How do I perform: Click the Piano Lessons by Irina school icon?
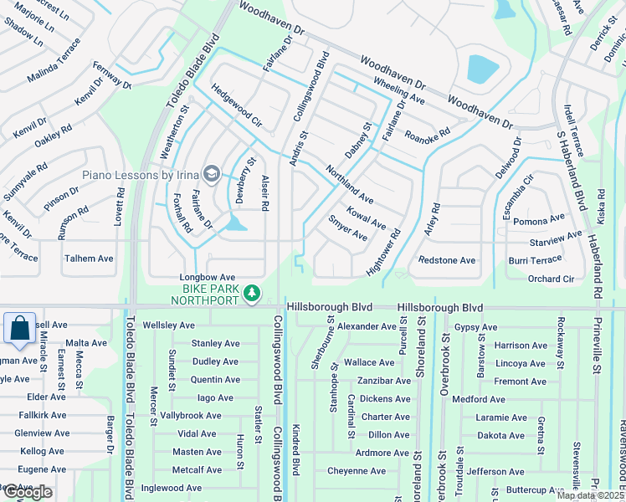[212, 174]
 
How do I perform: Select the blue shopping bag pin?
[19, 328]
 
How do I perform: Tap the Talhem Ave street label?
[89, 259]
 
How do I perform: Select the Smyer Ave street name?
[347, 229]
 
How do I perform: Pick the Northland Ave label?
[349, 184]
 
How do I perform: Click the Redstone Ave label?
[447, 260]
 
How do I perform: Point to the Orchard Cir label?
[551, 279]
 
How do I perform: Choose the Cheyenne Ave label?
[357, 471]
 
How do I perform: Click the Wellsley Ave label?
[169, 325]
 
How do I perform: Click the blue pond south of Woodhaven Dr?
[482, 69]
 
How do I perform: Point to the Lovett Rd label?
[121, 207]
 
